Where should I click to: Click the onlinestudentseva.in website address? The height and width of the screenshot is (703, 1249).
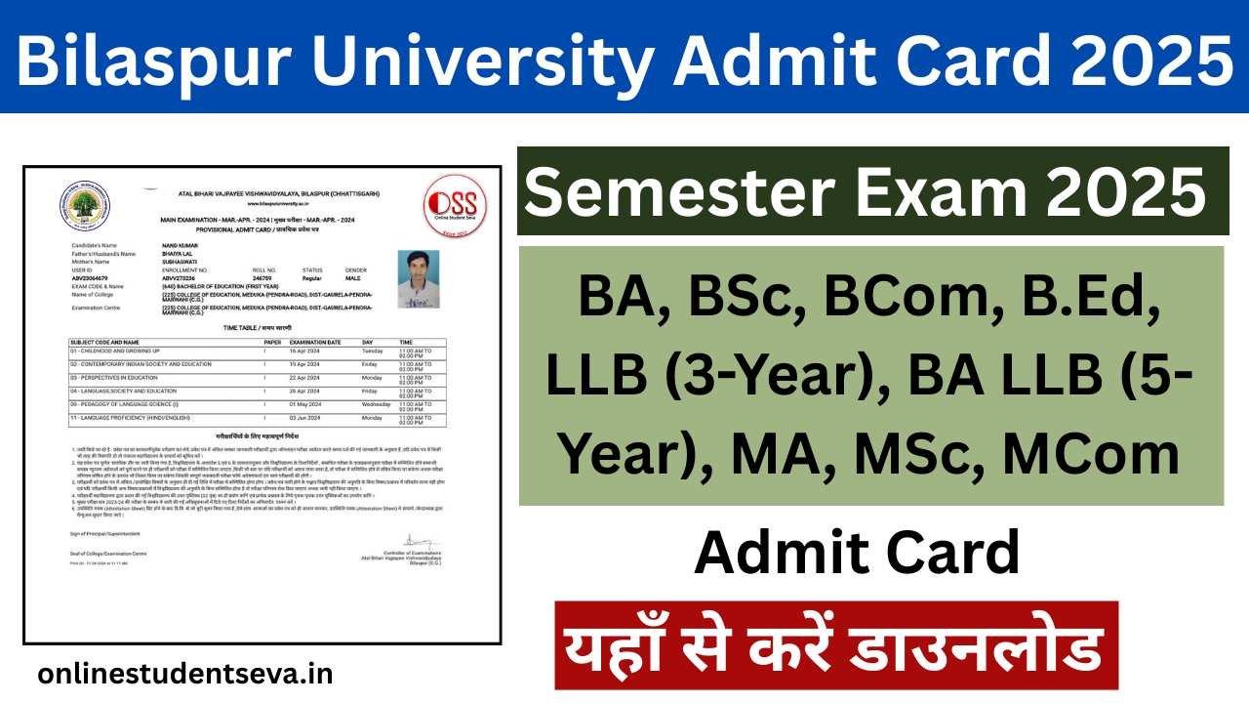click(x=185, y=674)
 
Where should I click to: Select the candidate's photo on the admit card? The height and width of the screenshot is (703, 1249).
click(x=418, y=279)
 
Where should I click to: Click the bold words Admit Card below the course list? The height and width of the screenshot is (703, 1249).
click(x=857, y=553)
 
